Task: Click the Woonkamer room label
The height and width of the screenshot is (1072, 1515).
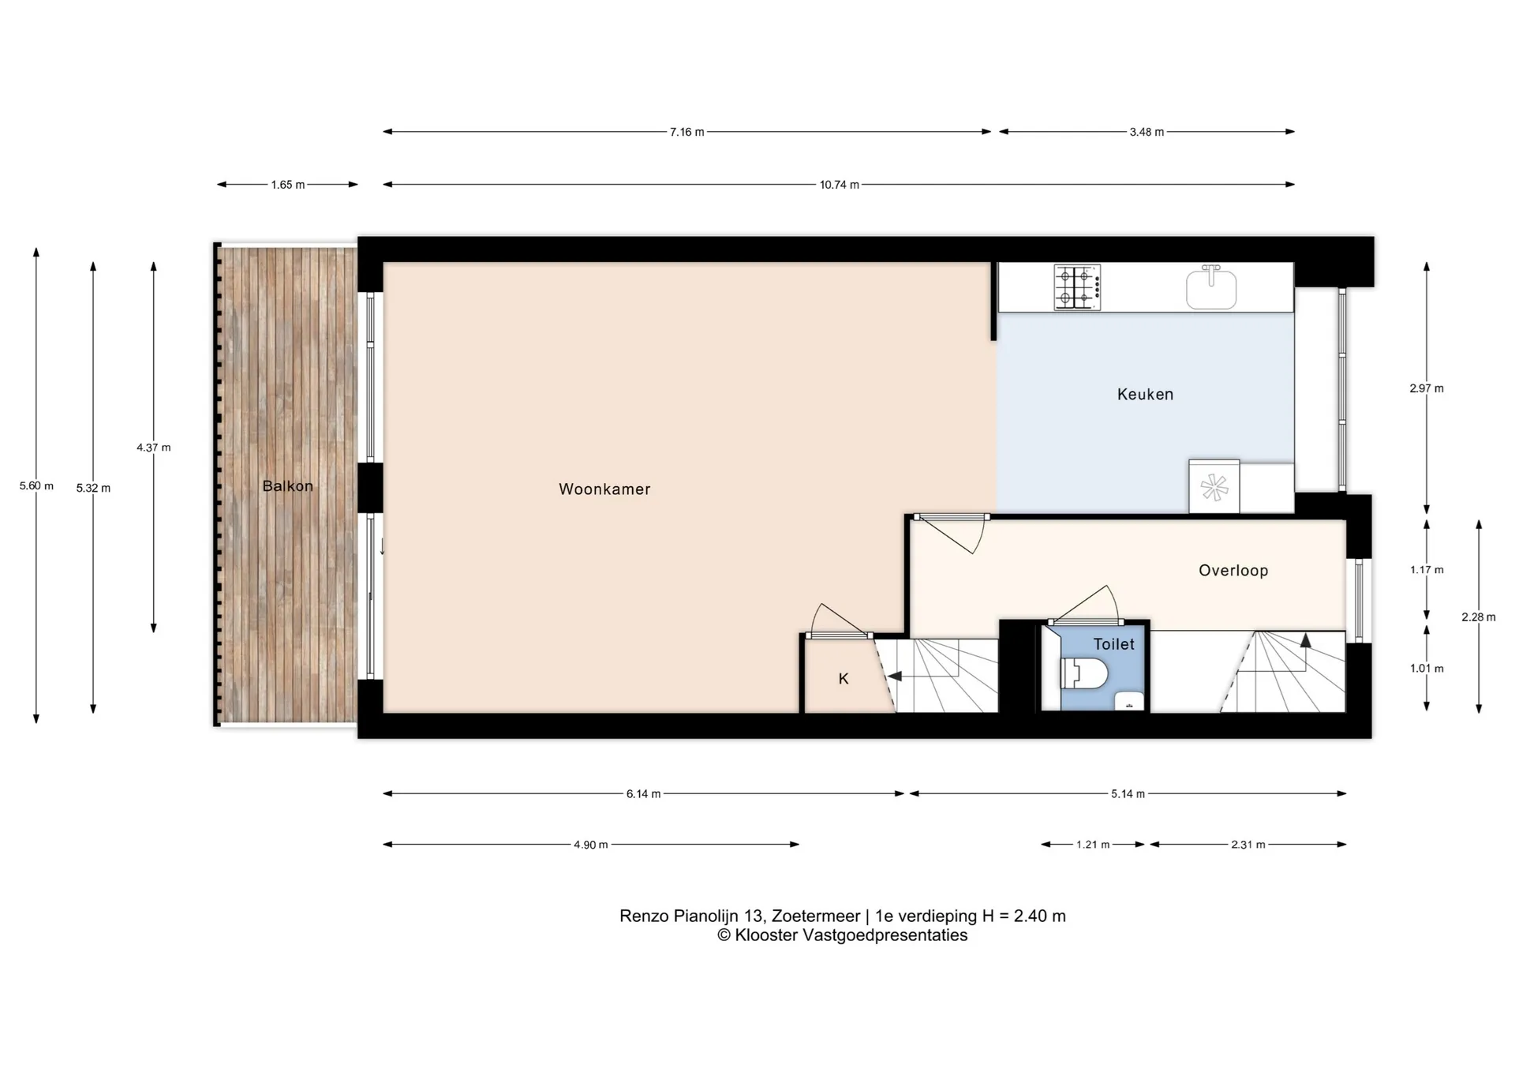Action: (604, 489)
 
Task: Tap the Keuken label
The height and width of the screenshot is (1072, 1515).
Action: (1145, 395)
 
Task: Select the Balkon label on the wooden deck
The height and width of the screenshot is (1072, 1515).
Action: (287, 486)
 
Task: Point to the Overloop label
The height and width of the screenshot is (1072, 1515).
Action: (1233, 571)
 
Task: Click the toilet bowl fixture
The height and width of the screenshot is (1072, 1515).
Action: (1085, 673)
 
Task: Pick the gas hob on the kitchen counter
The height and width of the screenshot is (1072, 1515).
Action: (1077, 287)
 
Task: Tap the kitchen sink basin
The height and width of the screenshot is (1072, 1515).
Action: (1211, 287)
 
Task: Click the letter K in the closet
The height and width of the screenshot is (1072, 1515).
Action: (844, 679)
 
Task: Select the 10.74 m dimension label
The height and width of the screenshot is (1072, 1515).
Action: (839, 185)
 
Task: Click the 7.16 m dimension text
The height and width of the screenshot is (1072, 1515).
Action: (686, 132)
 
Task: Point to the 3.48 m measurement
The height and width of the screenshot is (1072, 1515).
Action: (1147, 132)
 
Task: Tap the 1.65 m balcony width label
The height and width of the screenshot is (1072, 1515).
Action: (287, 185)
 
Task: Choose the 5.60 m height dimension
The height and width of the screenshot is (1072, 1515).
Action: (36, 486)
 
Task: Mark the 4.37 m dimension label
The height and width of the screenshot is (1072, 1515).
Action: (153, 448)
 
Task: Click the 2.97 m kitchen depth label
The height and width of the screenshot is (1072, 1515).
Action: (1427, 388)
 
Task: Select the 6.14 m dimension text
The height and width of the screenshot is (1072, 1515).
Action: (643, 794)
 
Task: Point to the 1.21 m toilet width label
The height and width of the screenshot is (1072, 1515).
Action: (1093, 845)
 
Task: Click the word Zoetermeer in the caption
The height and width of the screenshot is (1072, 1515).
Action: (816, 916)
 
